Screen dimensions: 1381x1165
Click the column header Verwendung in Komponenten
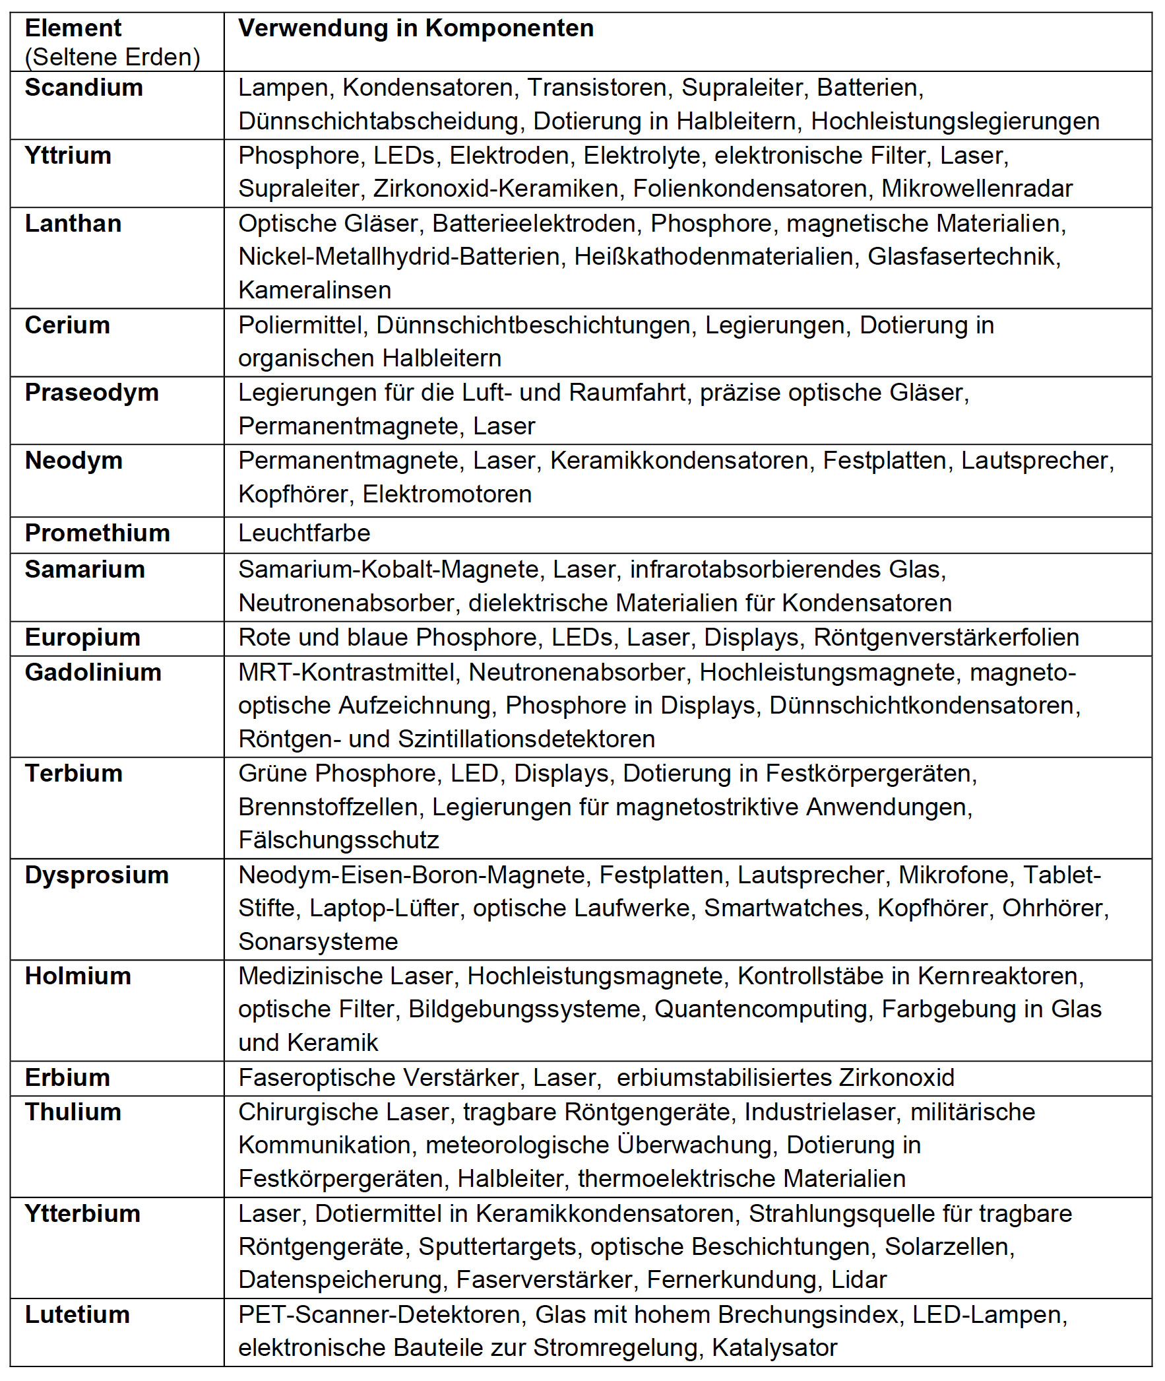(416, 28)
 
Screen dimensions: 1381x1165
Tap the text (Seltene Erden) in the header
(112, 57)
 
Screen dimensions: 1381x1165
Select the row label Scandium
(84, 88)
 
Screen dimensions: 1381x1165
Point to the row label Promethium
(97, 533)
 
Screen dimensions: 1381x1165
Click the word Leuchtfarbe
(304, 533)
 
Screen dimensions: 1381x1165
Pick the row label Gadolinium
(93, 673)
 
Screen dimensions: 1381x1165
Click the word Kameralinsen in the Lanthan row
(315, 290)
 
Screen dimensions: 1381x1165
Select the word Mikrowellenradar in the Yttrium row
(977, 189)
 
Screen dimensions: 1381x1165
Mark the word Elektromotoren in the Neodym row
(447, 494)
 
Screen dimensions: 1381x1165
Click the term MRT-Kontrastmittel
(346, 673)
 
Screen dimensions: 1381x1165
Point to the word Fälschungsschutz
(338, 840)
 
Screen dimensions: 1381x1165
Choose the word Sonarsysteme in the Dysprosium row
(318, 941)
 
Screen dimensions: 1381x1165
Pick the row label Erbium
(67, 1078)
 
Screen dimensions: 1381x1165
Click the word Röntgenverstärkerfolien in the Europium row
(946, 638)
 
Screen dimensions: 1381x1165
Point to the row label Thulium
(73, 1112)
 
